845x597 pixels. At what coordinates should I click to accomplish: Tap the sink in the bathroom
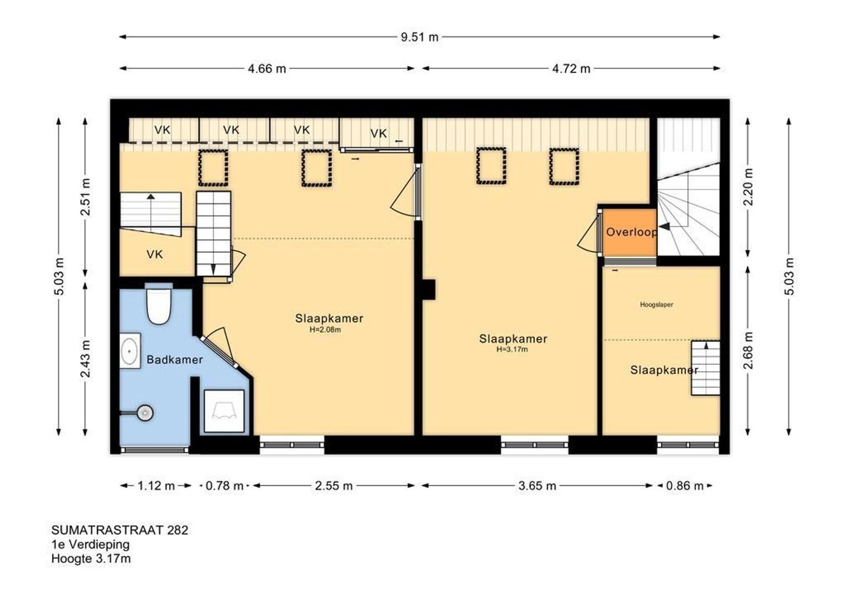(x=130, y=350)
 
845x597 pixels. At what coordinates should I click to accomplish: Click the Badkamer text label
(x=175, y=360)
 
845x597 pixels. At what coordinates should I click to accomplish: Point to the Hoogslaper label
(x=656, y=305)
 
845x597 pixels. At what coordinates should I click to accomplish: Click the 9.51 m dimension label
(x=420, y=37)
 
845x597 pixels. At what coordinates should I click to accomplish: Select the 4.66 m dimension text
(x=267, y=69)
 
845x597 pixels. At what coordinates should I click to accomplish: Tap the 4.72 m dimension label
(x=571, y=69)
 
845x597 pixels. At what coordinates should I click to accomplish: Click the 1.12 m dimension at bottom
(x=156, y=486)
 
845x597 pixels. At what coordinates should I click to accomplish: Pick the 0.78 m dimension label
(x=224, y=486)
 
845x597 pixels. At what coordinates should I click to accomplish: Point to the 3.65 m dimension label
(x=537, y=486)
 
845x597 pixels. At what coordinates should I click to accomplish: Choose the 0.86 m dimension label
(x=685, y=486)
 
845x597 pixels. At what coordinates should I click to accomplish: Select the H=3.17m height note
(x=512, y=349)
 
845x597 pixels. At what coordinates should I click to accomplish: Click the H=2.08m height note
(x=325, y=329)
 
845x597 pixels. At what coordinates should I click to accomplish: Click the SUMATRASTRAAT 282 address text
(x=119, y=530)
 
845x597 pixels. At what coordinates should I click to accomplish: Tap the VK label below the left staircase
(x=155, y=255)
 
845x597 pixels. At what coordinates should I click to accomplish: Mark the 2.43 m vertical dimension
(x=86, y=359)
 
